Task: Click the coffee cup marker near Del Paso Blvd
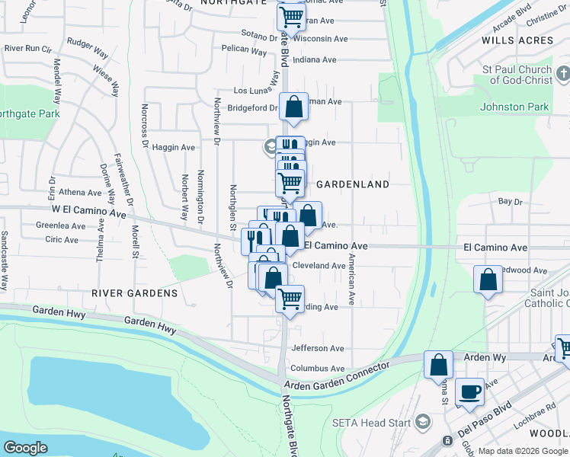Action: pyautogui.click(x=469, y=391)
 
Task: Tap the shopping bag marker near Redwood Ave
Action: pyautogui.click(x=488, y=280)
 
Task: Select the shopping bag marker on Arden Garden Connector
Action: pyautogui.click(x=438, y=365)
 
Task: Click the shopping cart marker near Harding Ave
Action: pyautogui.click(x=290, y=299)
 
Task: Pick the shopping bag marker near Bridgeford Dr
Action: pyautogui.click(x=293, y=107)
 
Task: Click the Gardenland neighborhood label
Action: pyautogui.click(x=353, y=184)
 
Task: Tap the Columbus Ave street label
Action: pyautogui.click(x=318, y=368)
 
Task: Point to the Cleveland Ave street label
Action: pyautogui.click(x=319, y=266)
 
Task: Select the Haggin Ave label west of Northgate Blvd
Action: pyautogui.click(x=174, y=147)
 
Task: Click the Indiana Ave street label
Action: pyautogui.click(x=314, y=59)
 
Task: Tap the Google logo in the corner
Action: pyautogui.click(x=25, y=448)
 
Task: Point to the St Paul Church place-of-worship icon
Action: pyautogui.click(x=562, y=74)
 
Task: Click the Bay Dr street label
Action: pyautogui.click(x=510, y=202)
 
